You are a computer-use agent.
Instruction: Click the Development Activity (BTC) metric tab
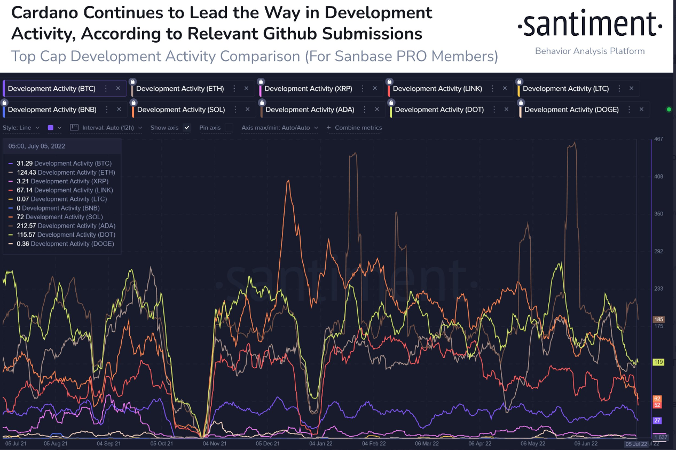pyautogui.click(x=51, y=89)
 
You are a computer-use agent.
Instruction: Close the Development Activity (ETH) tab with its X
pyautogui.click(x=246, y=89)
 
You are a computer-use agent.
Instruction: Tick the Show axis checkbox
pyautogui.click(x=186, y=128)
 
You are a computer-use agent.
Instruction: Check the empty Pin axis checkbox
pyautogui.click(x=229, y=128)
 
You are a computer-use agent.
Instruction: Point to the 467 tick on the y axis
pyautogui.click(x=658, y=139)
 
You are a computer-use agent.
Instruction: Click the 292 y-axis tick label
pyautogui.click(x=658, y=251)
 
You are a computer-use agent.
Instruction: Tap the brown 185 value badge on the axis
pyautogui.click(x=658, y=320)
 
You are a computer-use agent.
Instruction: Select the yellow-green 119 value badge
pyautogui.click(x=658, y=362)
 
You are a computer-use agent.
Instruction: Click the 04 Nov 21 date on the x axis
pyautogui.click(x=215, y=444)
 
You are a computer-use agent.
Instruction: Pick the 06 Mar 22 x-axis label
pyautogui.click(x=427, y=444)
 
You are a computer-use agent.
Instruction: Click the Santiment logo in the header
pyautogui.click(x=589, y=26)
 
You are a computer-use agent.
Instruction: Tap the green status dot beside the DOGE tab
pyautogui.click(x=669, y=110)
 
